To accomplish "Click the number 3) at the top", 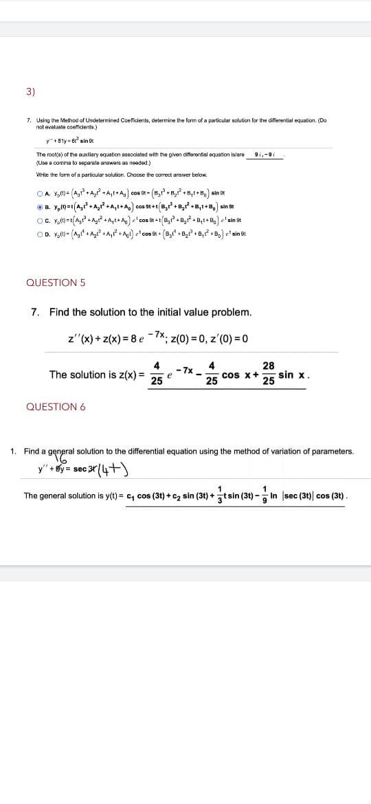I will (31, 91).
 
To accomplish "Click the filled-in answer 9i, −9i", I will (265, 154).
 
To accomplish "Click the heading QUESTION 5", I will (56, 282).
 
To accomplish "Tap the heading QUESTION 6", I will (56, 407).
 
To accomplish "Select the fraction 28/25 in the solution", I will (268, 374).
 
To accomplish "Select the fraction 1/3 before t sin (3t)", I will (219, 495).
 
